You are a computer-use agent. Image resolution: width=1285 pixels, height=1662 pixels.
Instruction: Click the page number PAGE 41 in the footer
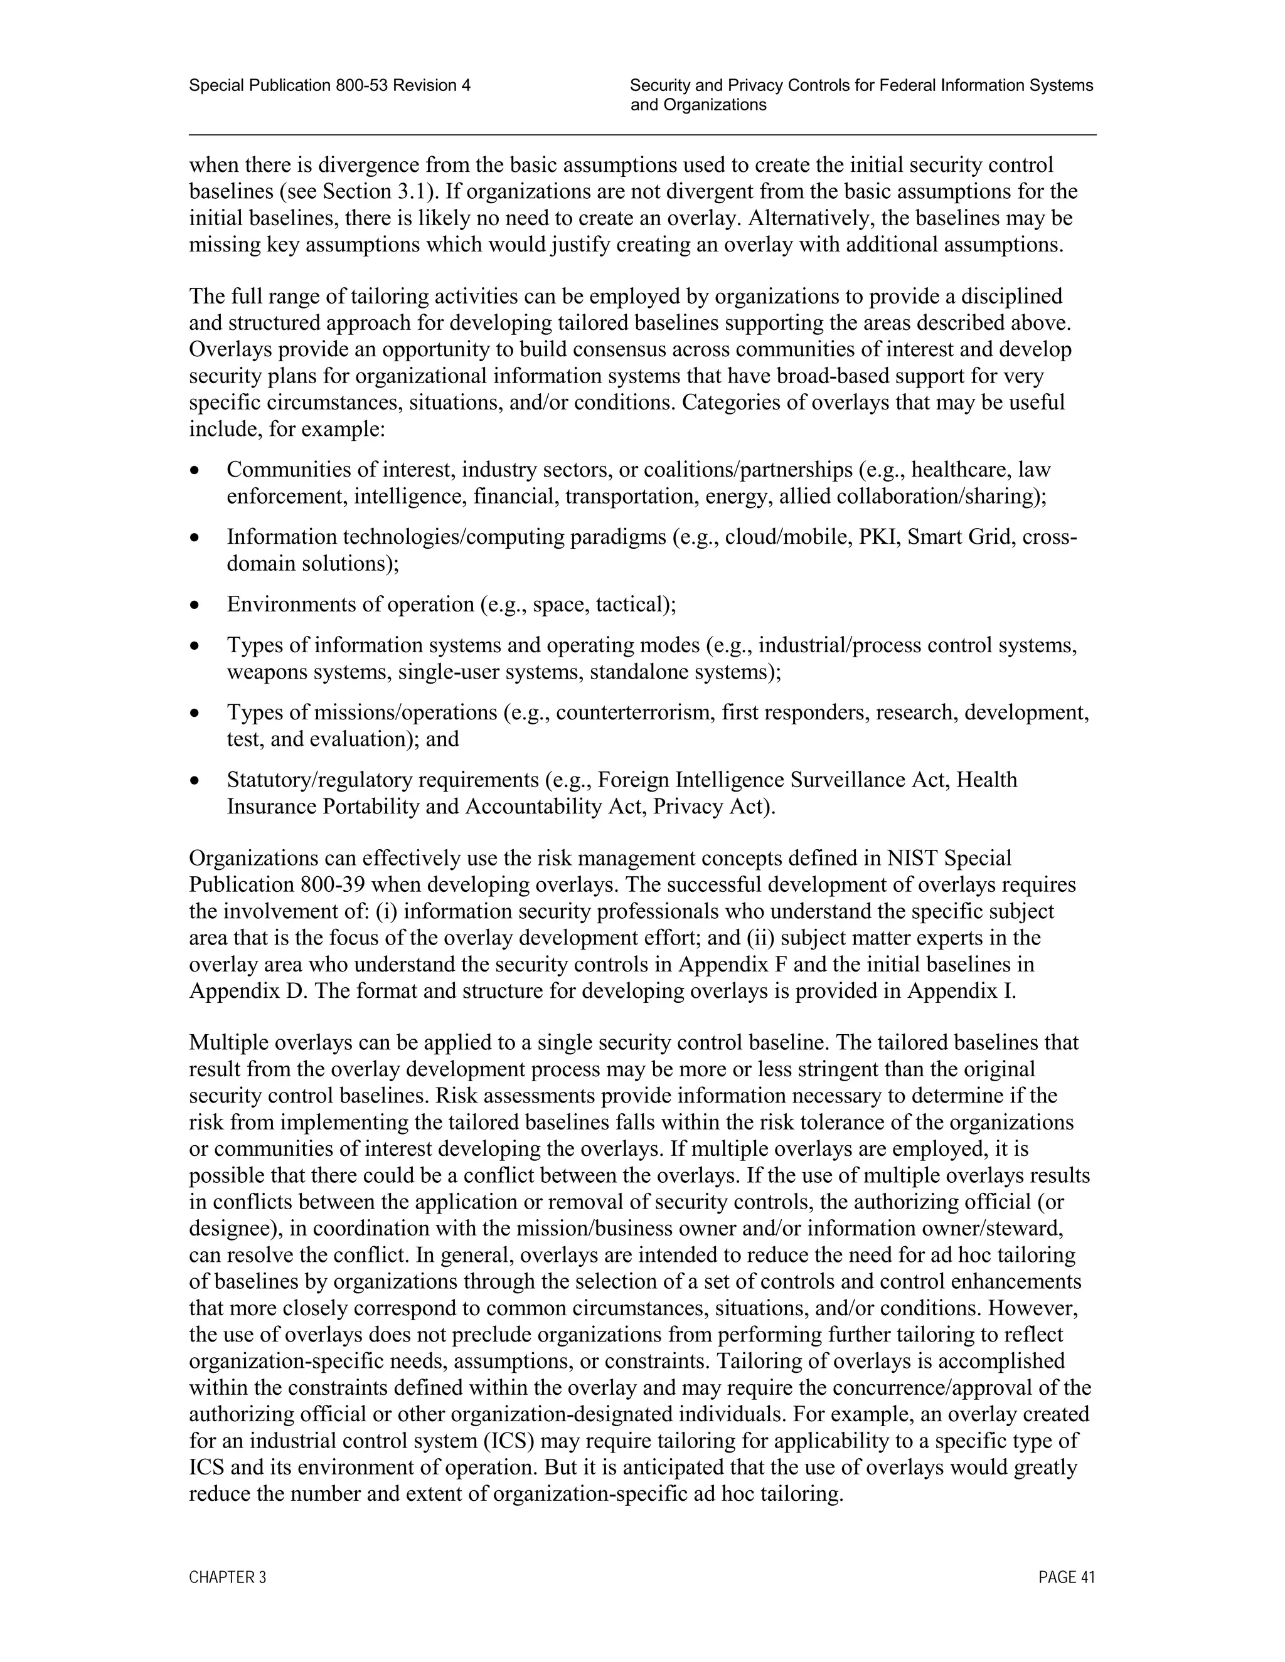coord(1066,1577)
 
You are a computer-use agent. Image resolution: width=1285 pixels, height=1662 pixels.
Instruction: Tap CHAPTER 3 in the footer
coord(228,1577)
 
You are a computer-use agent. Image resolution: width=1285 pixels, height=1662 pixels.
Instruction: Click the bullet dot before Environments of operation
coord(196,606)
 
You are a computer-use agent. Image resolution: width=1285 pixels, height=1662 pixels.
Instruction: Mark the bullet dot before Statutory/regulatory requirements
coord(196,781)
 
